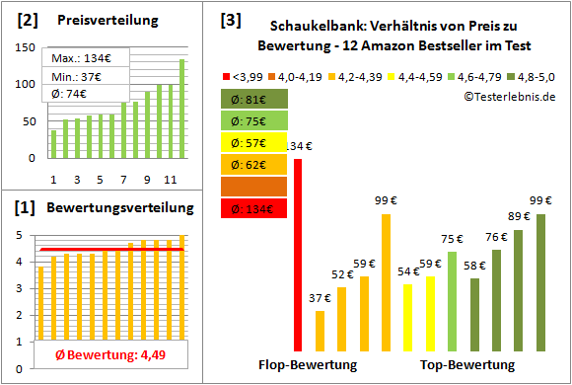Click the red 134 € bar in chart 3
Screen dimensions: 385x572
pos(298,254)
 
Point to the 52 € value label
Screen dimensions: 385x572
pos(342,275)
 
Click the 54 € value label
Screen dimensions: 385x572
pos(406,272)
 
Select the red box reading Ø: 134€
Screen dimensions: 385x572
pos(254,207)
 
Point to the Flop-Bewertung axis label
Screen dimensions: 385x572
pos(308,365)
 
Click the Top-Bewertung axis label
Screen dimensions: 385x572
pos(467,365)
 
